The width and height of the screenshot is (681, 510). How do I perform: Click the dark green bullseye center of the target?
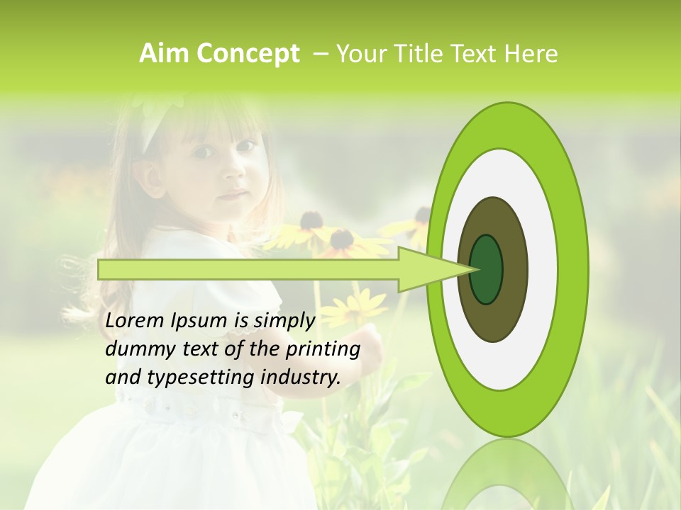pos(487,269)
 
